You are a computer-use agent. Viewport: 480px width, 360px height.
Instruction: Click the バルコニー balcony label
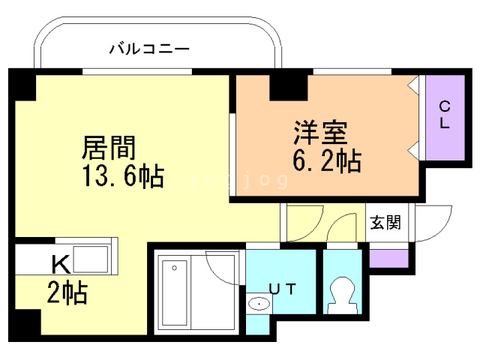pos(149,50)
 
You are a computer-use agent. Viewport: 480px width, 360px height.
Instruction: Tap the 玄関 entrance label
pos(384,222)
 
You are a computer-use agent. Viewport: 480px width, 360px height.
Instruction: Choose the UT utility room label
pos(282,288)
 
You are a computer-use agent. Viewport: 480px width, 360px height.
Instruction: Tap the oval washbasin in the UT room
pos(259,304)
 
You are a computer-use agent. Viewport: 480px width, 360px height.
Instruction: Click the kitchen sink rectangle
pos(89,259)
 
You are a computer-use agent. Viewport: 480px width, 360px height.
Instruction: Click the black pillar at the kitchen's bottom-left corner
pos(25,324)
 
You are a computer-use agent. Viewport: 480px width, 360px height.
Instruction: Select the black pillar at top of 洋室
pos(288,86)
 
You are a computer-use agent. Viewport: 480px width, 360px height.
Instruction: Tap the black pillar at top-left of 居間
pos(22,85)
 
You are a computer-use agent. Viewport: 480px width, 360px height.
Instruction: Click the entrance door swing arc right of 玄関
pos(434,222)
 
